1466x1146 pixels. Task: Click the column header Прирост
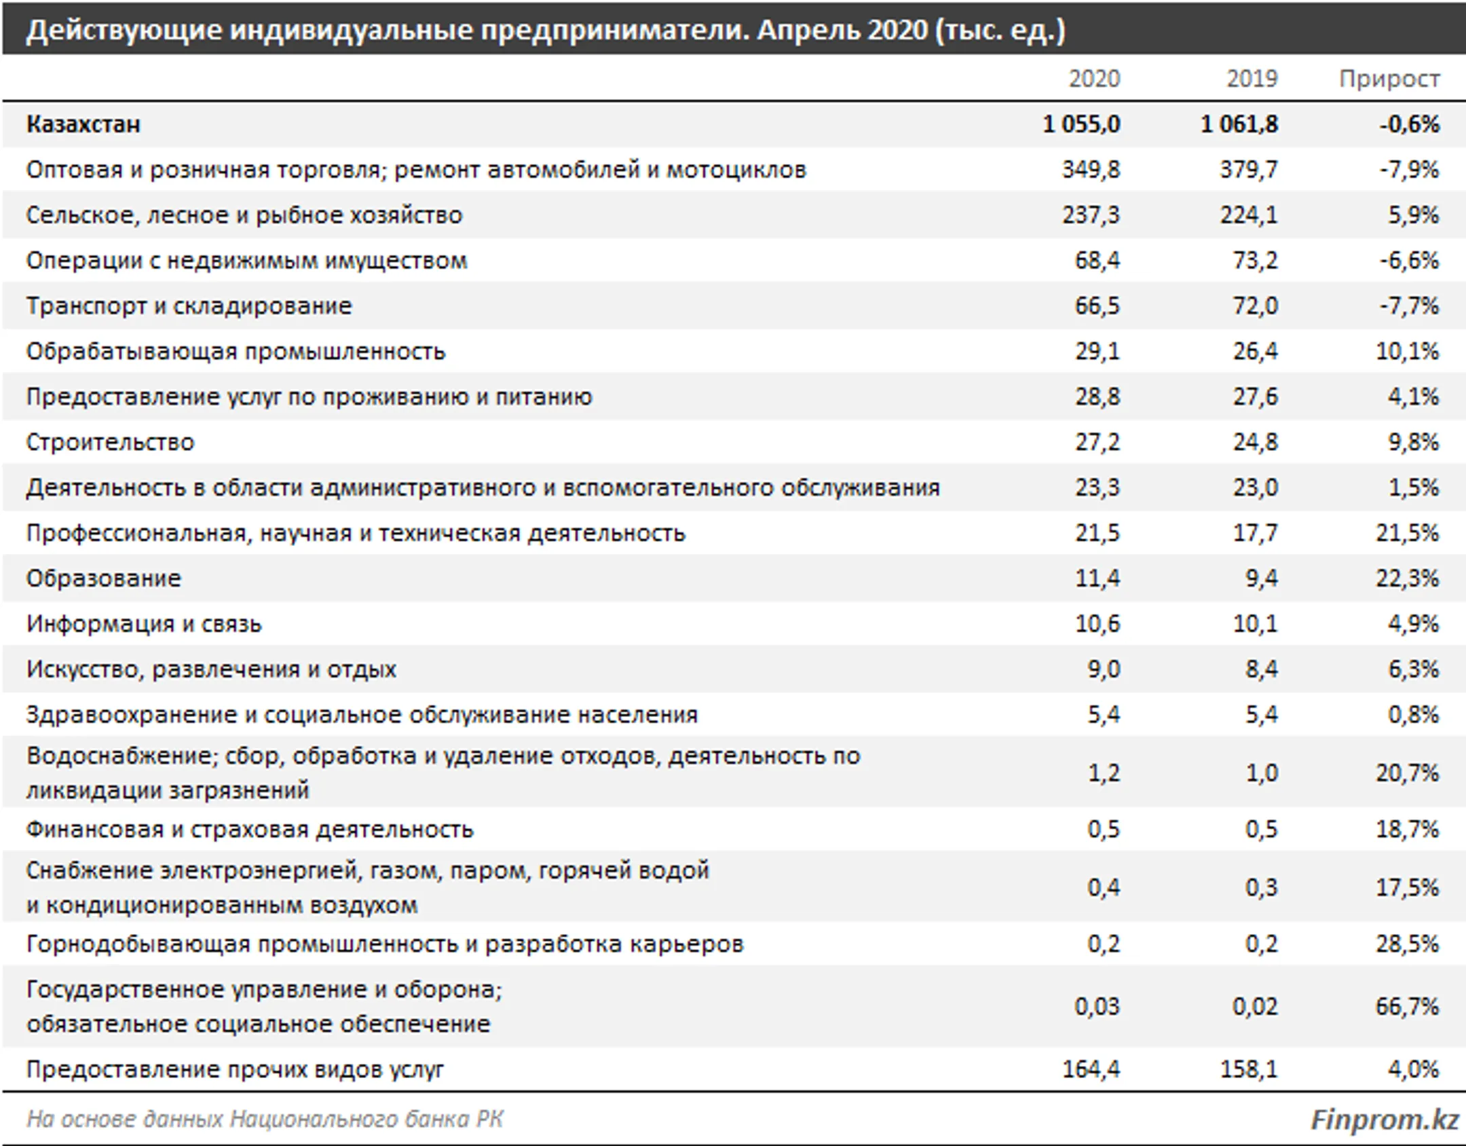point(1389,79)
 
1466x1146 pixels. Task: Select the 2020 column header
point(1094,79)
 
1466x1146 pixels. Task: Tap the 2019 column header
point(1252,79)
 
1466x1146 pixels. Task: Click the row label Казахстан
point(83,124)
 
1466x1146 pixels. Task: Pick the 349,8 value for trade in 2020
point(1091,170)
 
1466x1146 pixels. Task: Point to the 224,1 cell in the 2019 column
point(1248,215)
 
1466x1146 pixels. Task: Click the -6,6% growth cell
point(1409,261)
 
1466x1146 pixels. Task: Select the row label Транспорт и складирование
point(189,306)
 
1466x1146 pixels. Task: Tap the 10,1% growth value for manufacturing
point(1407,352)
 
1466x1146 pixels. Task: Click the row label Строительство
point(111,443)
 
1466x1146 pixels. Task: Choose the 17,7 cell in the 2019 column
point(1255,533)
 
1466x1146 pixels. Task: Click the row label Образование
point(104,578)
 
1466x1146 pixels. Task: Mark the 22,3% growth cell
point(1407,578)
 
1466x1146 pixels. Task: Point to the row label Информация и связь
point(144,624)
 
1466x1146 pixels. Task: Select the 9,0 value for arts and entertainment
point(1104,669)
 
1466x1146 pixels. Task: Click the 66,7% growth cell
point(1407,1006)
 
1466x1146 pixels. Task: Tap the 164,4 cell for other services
point(1091,1069)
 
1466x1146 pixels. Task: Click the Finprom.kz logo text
point(1384,1120)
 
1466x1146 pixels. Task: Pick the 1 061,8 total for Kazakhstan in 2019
point(1239,124)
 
